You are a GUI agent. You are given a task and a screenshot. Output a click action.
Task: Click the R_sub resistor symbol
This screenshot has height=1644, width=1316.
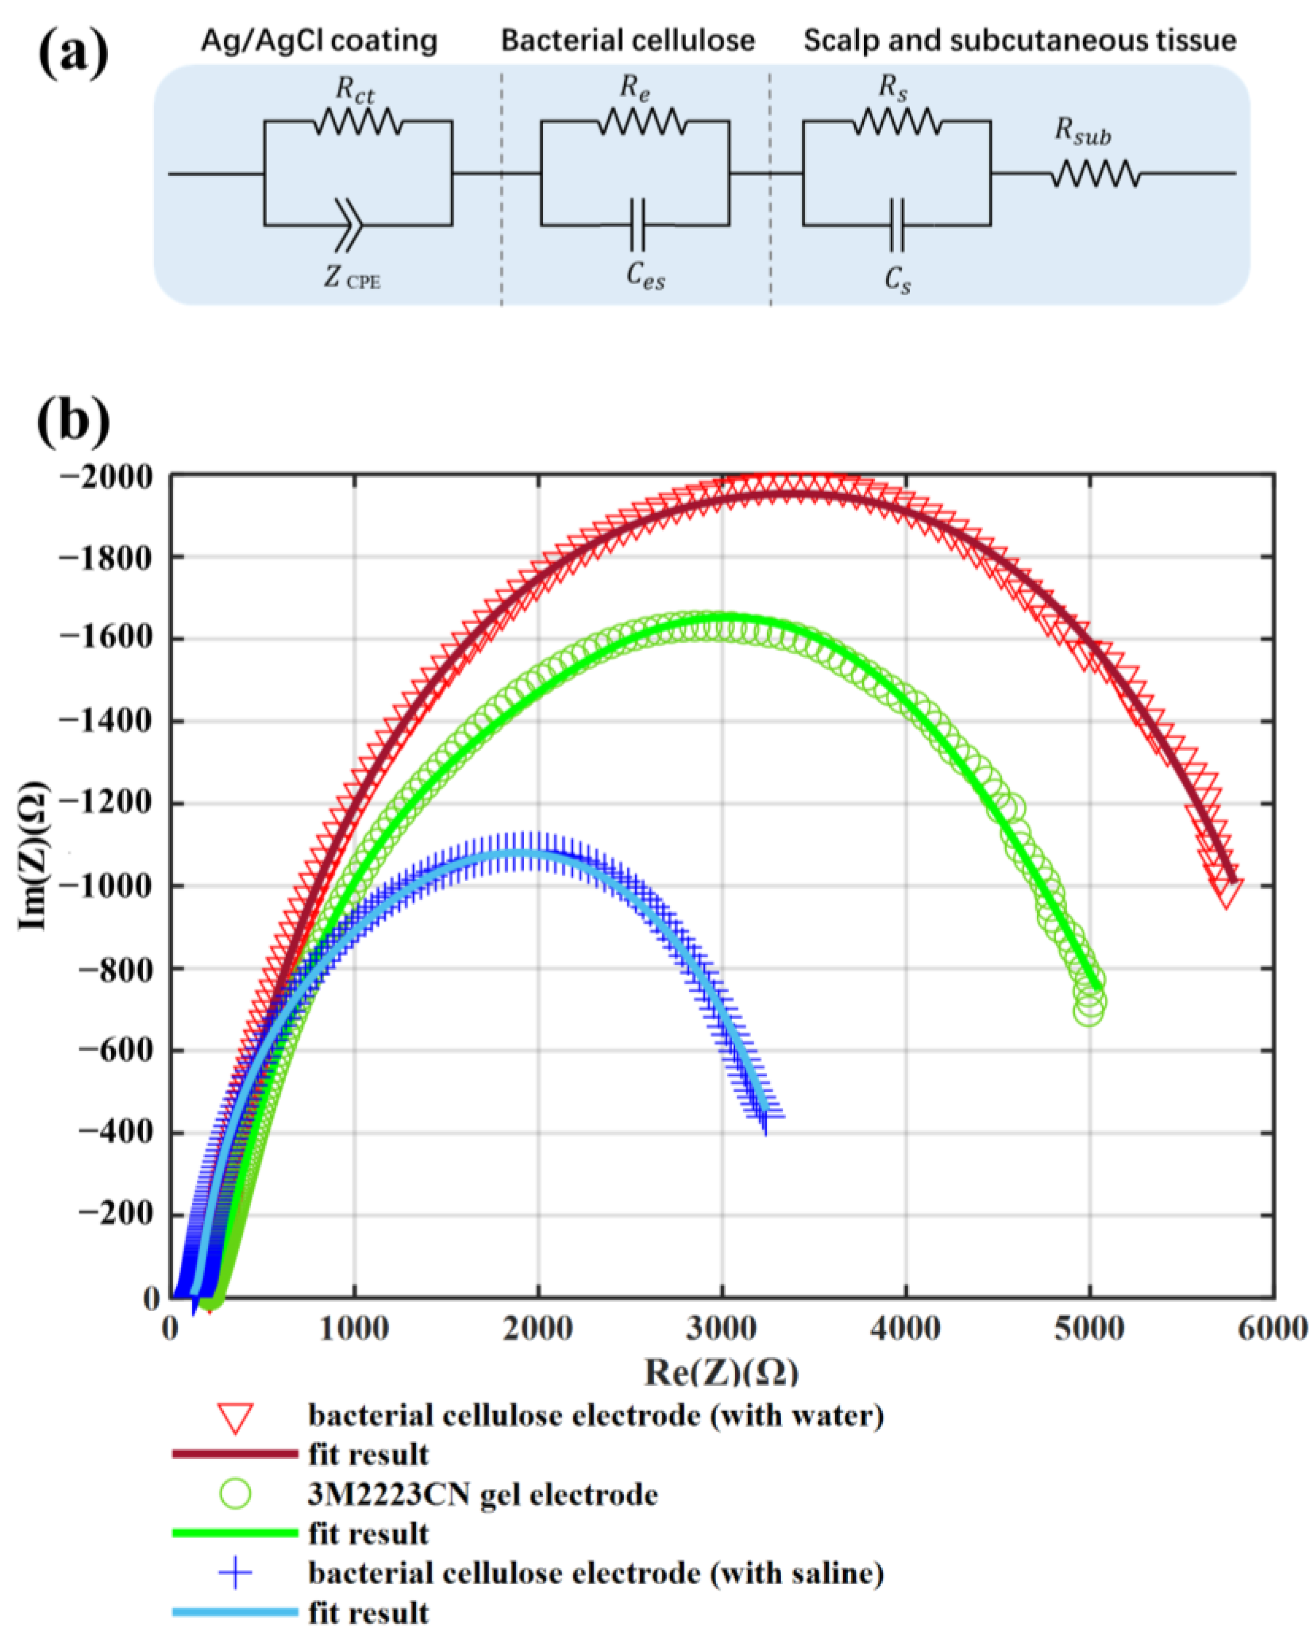[1095, 175]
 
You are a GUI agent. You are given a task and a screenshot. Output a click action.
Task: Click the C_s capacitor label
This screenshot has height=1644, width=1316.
[897, 280]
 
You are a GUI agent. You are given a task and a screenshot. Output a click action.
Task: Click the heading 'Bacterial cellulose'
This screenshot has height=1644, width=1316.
[627, 40]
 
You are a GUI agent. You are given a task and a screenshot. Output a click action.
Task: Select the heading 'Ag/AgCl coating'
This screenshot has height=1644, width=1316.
[319, 40]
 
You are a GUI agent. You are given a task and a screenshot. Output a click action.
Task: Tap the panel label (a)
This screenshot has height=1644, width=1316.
[73, 55]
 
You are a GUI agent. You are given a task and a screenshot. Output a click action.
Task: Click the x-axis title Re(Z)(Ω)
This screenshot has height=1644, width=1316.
[721, 1373]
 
